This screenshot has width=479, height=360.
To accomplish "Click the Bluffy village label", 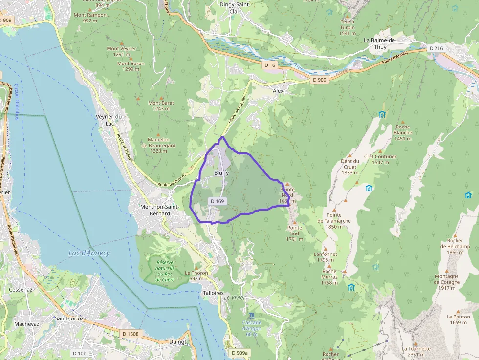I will tap(221, 173).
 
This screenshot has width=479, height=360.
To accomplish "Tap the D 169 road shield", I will tap(218, 201).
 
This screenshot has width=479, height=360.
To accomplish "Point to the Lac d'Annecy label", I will tap(89, 253).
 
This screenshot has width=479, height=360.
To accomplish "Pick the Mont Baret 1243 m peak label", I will tap(161, 106).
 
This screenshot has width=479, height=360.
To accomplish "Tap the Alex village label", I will tap(278, 91).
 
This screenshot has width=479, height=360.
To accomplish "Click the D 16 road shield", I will tap(270, 65).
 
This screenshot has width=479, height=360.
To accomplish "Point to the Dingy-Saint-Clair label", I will tap(235, 8).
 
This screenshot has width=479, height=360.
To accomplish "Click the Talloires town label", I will tap(213, 293).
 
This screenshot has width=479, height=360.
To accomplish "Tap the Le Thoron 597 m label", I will tap(196, 275).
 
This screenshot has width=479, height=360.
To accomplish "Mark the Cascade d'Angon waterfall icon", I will tap(252, 316).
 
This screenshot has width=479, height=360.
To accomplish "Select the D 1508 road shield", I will tap(131, 334).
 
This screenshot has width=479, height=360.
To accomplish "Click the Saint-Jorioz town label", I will tap(69, 318).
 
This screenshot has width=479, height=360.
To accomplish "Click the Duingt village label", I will tap(178, 342).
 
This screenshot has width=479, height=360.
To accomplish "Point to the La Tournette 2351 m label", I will tap(416, 352).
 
